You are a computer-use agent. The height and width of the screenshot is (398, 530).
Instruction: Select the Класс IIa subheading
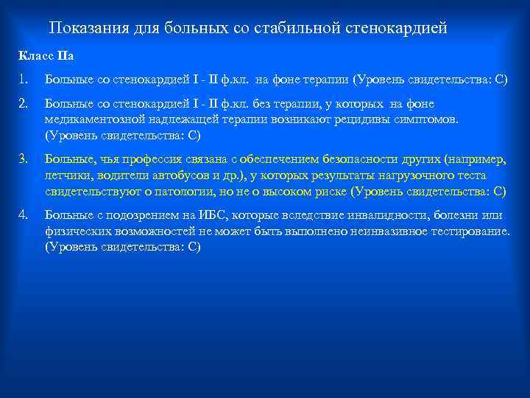[46, 56]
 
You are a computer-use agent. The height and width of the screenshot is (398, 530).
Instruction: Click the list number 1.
[24, 79]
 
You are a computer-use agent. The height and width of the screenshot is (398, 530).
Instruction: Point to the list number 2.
[24, 104]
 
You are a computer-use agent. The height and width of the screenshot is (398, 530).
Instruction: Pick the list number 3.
[24, 159]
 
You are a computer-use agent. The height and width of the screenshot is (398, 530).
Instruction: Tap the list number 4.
[24, 214]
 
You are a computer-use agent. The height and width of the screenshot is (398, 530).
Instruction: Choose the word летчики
[66, 175]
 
